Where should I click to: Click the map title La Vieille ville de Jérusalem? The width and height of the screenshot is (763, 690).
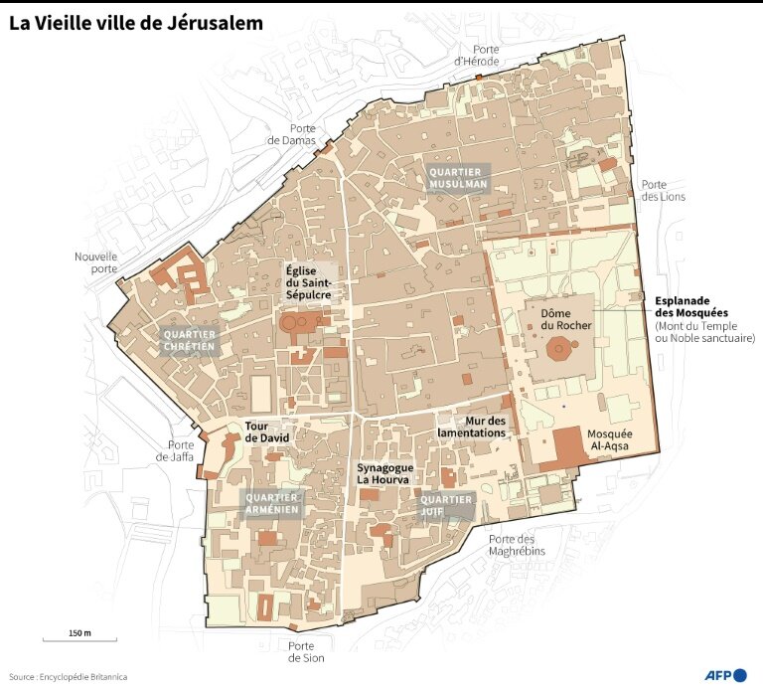click(136, 23)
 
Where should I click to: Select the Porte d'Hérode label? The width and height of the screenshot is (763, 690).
click(476, 55)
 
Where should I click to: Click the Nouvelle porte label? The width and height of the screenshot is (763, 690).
click(96, 262)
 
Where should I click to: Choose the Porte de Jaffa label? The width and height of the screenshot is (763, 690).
click(181, 450)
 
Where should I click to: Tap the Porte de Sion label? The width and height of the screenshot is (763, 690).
click(306, 651)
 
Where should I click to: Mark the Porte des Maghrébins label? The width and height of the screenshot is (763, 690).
click(518, 545)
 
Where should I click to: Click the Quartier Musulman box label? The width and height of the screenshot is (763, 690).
click(458, 178)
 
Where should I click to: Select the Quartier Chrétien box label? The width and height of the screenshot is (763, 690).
click(189, 340)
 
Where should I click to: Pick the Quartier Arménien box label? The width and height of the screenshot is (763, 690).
click(271, 503)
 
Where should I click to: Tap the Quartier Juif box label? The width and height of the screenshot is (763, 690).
click(446, 505)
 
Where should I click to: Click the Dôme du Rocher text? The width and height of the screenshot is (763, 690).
click(566, 318)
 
